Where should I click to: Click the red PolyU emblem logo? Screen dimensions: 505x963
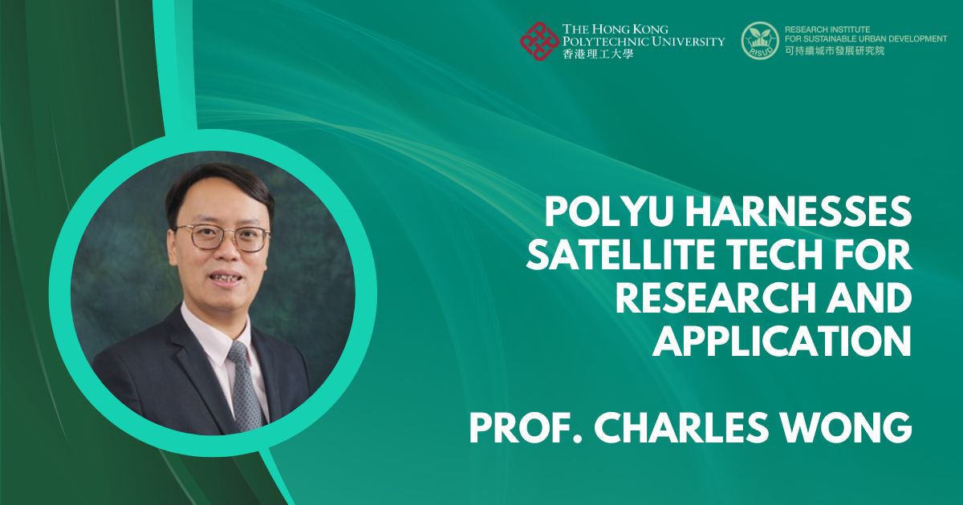[538, 41]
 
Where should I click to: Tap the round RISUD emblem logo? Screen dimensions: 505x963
[760, 41]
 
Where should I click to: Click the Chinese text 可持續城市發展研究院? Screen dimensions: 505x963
[833, 51]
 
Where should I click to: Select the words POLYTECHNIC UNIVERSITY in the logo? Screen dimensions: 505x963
[644, 41]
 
